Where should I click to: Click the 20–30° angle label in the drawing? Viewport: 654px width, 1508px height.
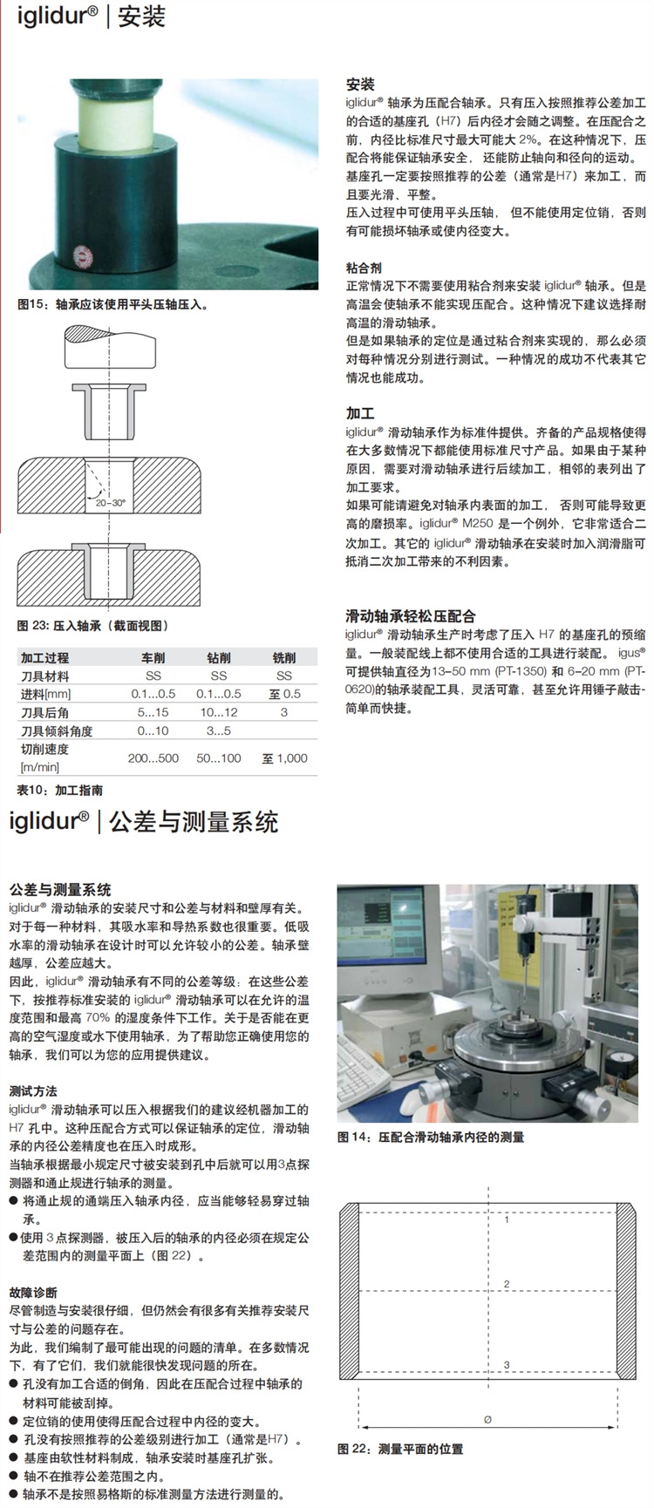tap(110, 503)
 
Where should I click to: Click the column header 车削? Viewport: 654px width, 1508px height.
tap(153, 657)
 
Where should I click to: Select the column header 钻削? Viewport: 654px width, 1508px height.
tap(219, 657)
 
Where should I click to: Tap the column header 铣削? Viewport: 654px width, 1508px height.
tap(284, 657)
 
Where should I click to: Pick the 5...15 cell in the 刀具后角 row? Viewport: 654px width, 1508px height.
tap(153, 712)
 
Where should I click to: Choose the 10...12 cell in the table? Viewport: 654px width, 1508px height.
tap(219, 712)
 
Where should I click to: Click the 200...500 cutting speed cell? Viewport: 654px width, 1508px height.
tap(153, 758)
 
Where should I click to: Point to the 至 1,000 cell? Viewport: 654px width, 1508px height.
tap(284, 758)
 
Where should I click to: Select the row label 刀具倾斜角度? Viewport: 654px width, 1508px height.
tap(57, 730)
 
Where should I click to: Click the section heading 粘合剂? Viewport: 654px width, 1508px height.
tap(364, 268)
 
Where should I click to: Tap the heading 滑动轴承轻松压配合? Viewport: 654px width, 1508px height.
tap(411, 615)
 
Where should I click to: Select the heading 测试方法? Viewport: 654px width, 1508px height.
tap(33, 1091)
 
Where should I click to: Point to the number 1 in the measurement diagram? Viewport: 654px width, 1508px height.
tap(507, 1219)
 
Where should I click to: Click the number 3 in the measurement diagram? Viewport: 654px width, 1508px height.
tap(507, 1365)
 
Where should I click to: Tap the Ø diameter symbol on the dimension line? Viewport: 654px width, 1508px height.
tap(487, 1419)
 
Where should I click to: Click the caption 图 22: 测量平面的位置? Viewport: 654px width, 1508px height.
tap(400, 1449)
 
